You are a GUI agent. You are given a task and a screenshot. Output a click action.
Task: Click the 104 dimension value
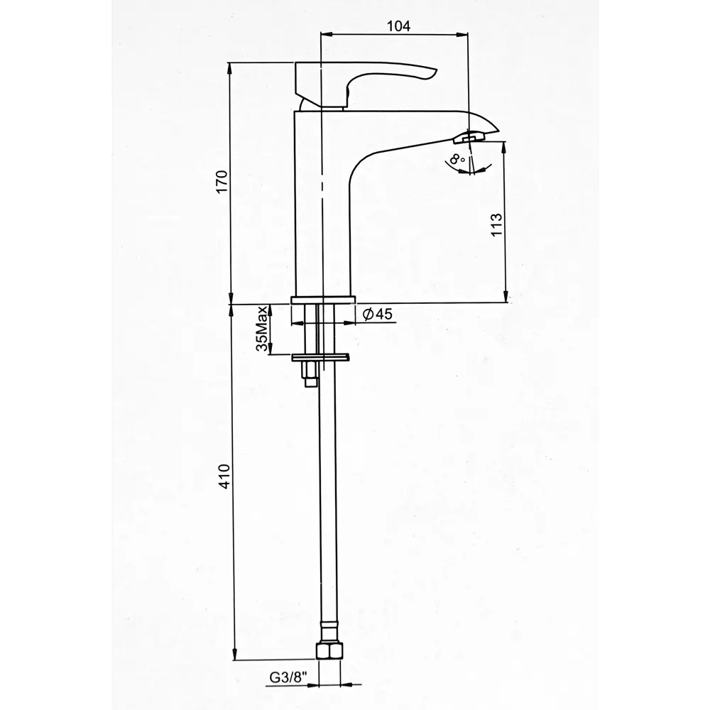pos(398,26)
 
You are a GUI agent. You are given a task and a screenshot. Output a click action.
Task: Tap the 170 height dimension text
pos(222,182)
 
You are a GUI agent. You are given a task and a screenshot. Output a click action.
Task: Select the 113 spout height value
pos(496,224)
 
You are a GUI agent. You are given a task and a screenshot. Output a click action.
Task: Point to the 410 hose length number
pos(225,476)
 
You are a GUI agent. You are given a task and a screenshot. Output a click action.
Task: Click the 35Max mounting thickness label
pos(262,329)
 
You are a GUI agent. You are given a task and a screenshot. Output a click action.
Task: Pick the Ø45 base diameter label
pos(378,314)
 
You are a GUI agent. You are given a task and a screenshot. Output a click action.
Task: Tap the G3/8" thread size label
pos(288,677)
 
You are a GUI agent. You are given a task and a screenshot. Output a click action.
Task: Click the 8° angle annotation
pos(457,159)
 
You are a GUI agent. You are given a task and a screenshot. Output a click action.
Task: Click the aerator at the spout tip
pos(469,137)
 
